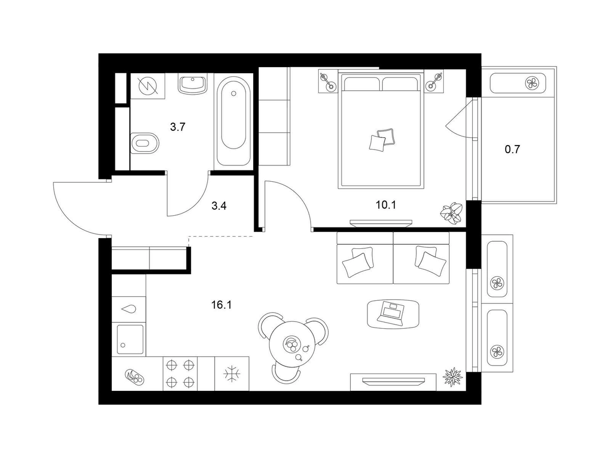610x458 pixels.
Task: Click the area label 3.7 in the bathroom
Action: (177, 127)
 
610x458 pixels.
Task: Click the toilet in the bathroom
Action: (144, 143)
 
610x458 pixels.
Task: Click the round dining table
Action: (294, 346)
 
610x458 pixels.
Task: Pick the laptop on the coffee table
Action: (391, 313)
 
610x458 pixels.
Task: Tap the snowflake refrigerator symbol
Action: (232, 374)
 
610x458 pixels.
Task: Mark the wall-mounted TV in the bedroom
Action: (381, 222)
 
